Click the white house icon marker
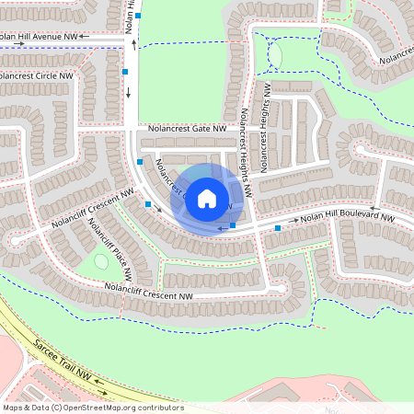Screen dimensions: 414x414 tap(207, 198)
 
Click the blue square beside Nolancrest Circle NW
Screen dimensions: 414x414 tap(124, 71)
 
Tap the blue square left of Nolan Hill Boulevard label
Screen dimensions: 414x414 tap(278, 226)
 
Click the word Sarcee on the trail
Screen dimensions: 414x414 tap(47, 347)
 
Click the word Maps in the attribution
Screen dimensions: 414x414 tap(13, 408)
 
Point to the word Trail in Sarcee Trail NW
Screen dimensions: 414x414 tap(67, 361)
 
